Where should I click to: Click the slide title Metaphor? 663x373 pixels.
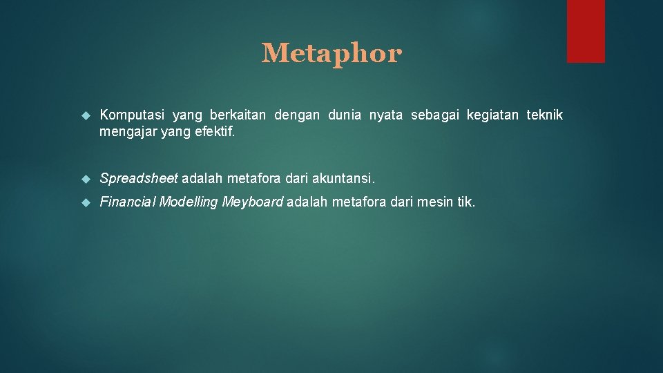pyautogui.click(x=331, y=53)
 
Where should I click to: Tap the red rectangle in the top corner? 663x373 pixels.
pyautogui.click(x=586, y=31)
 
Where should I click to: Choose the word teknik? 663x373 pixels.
pyautogui.click(x=545, y=115)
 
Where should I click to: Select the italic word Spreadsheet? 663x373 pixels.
pyautogui.click(x=139, y=179)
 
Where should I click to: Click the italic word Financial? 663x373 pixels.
pyautogui.click(x=128, y=202)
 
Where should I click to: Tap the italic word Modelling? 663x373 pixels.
pyautogui.click(x=189, y=202)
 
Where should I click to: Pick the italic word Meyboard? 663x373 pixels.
pyautogui.click(x=252, y=202)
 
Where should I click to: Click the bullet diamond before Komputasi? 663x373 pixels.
pyautogui.click(x=86, y=115)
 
